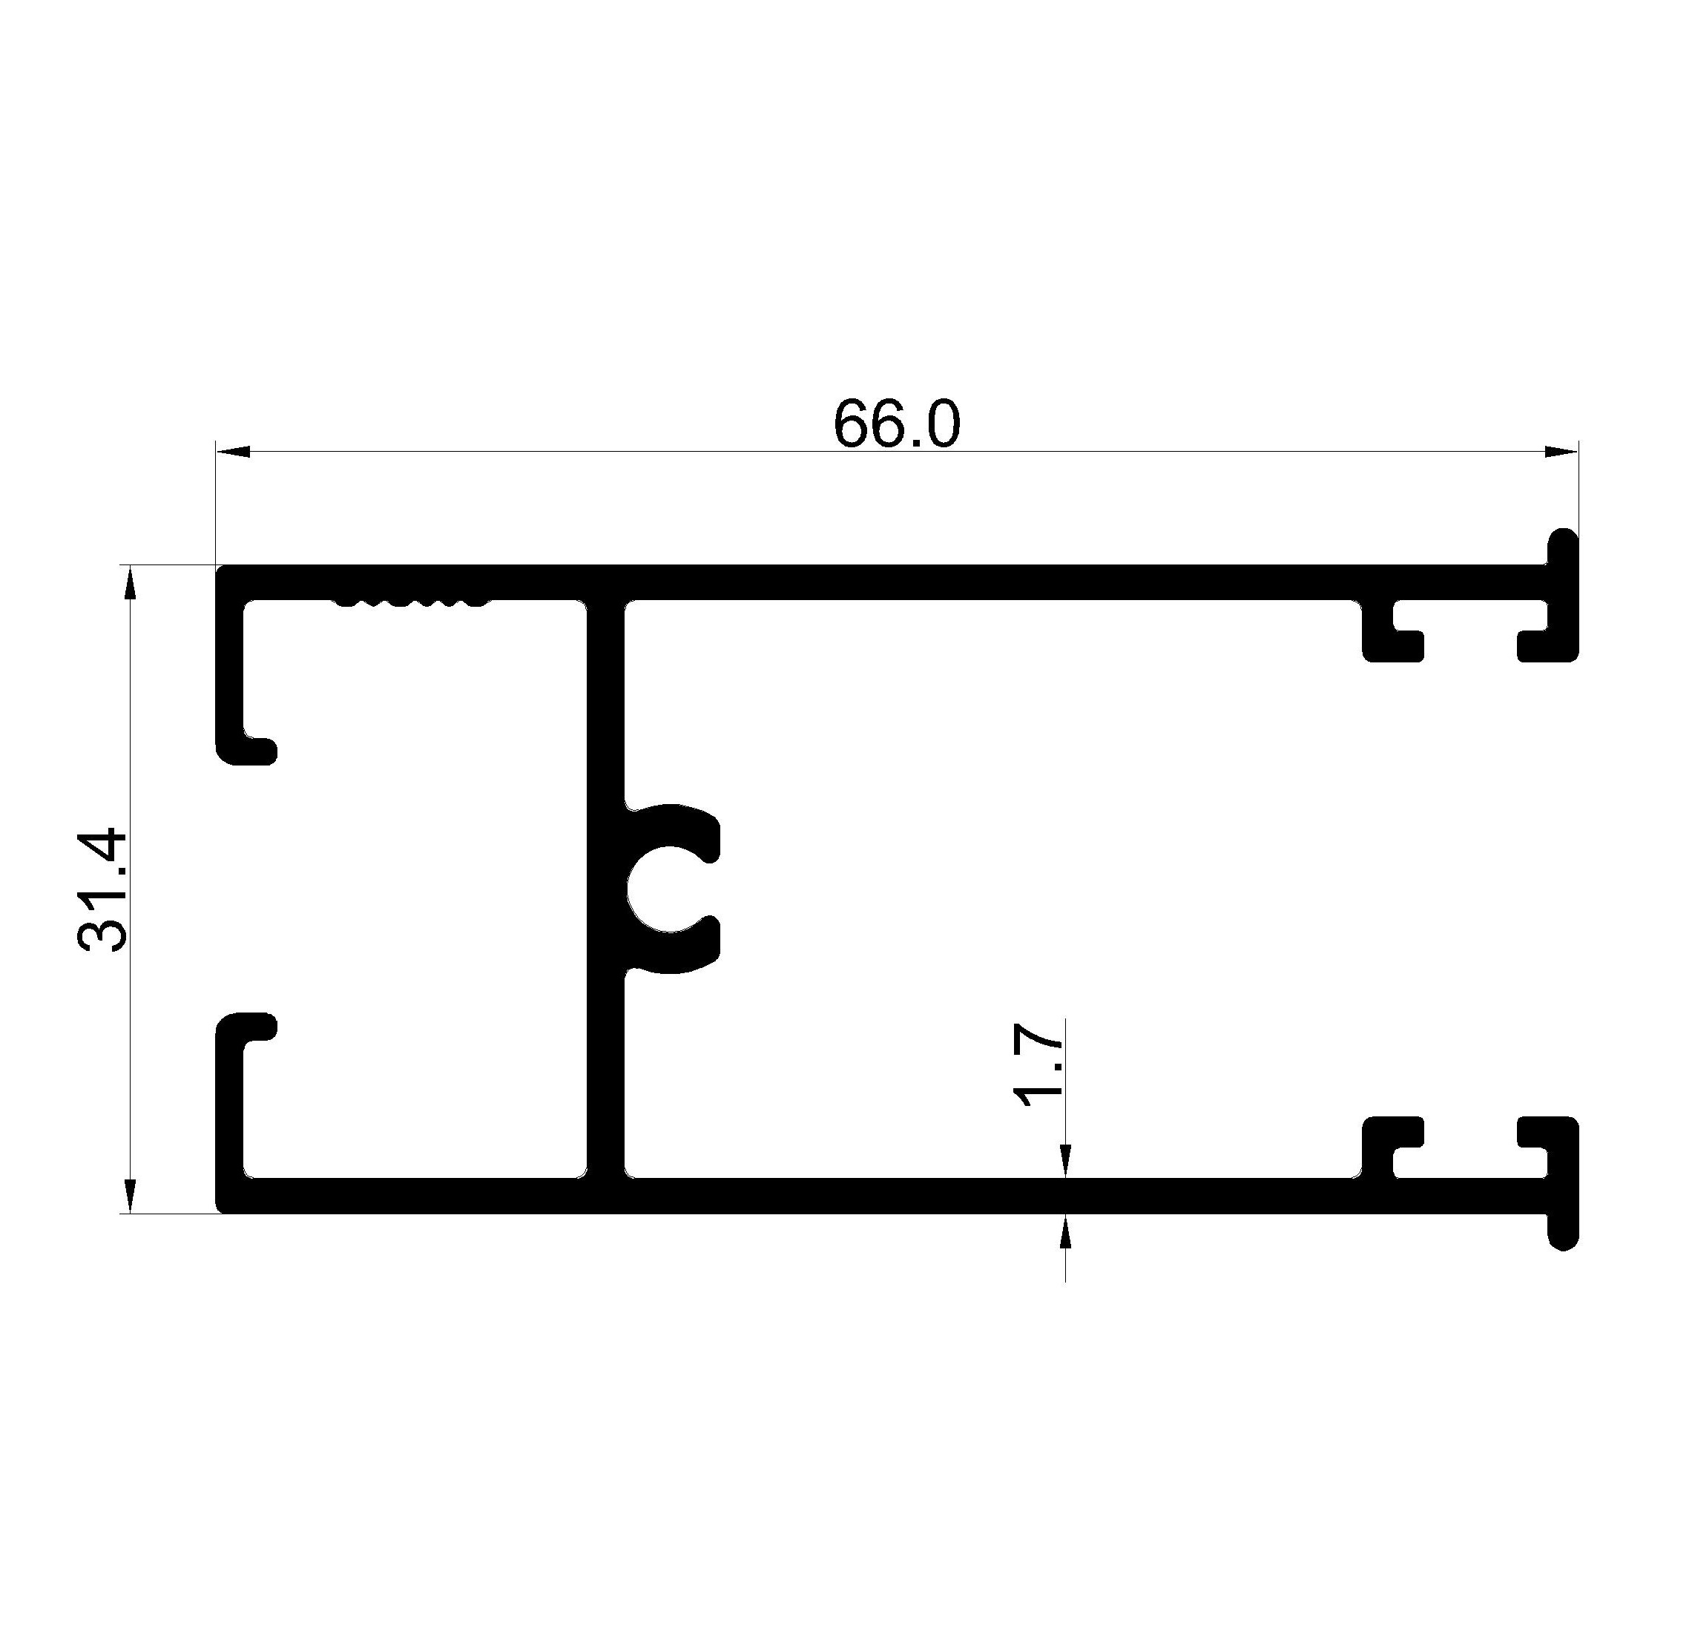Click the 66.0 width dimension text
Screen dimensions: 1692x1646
pyautogui.click(x=897, y=424)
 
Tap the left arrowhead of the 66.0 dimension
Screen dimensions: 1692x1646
pyautogui.click(x=234, y=451)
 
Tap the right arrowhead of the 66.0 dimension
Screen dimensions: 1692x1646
pyautogui.click(x=1561, y=451)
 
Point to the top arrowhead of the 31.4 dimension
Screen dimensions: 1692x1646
pyautogui.click(x=130, y=582)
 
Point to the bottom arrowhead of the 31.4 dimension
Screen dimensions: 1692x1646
pyautogui.click(x=130, y=1196)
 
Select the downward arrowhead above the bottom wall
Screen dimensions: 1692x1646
pyautogui.click(x=1065, y=1161)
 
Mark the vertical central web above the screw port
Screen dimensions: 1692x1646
pyautogui.click(x=605, y=700)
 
